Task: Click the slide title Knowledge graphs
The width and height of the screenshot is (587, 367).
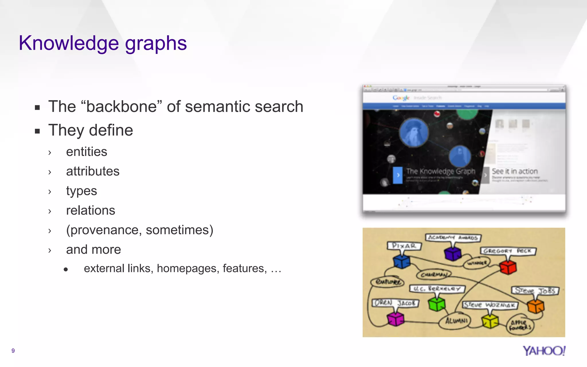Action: (103, 43)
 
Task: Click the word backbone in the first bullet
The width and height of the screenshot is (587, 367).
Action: (122, 107)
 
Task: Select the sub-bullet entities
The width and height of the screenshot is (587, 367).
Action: (87, 152)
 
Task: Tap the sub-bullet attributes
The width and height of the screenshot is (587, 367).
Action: (93, 171)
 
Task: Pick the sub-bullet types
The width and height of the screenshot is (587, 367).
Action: (81, 191)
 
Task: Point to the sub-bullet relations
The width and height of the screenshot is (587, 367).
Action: (91, 210)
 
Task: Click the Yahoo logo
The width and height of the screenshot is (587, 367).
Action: (544, 351)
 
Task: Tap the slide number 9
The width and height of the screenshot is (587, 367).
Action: (13, 351)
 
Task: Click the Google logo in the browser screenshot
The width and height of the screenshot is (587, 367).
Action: (401, 98)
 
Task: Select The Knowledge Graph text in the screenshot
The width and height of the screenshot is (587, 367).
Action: (441, 171)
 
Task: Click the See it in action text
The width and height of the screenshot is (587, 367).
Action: (515, 171)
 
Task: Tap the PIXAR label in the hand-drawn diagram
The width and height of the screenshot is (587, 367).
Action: (404, 246)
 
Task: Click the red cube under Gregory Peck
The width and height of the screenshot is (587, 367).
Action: (508, 267)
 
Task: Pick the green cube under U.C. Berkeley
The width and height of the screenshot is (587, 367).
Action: (437, 304)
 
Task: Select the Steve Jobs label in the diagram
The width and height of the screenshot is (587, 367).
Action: (535, 291)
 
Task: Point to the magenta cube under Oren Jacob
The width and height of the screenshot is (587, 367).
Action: (396, 319)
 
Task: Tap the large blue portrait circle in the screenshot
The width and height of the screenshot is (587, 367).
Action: (414, 132)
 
